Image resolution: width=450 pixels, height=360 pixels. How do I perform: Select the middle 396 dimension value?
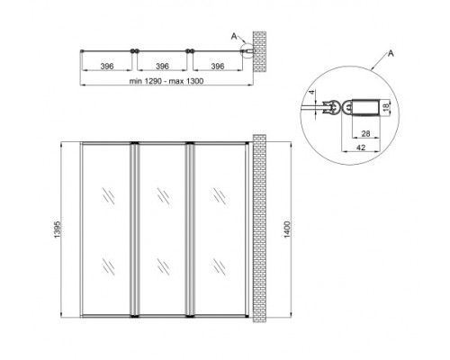click(x=163, y=67)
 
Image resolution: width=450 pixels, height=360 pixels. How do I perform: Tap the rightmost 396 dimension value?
click(x=217, y=67)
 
